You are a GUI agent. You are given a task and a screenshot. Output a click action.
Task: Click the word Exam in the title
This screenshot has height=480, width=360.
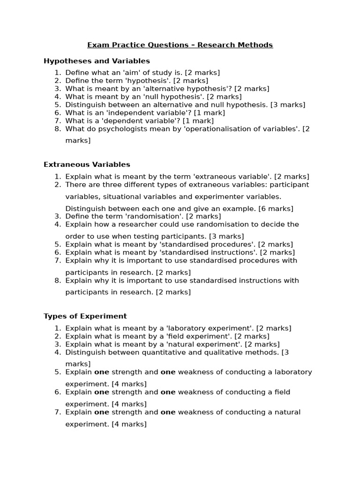click(97, 45)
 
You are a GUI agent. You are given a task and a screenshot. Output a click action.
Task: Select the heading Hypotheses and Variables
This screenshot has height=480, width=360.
click(97, 61)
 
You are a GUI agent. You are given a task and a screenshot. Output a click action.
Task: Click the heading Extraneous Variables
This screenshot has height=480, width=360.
click(87, 165)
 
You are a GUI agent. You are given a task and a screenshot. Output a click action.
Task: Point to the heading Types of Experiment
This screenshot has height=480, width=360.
click(85, 316)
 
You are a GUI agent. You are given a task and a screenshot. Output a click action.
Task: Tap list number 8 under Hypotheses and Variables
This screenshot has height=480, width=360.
click(58, 128)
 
